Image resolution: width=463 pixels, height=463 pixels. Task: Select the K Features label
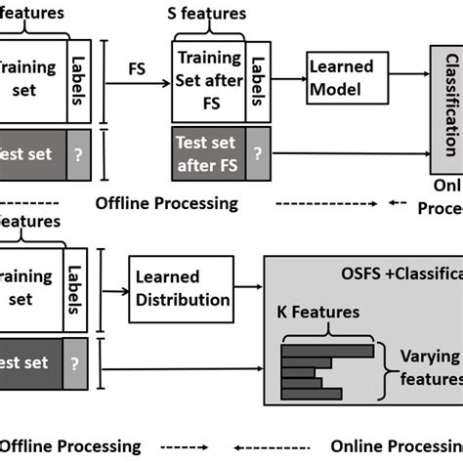[x=316, y=313]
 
